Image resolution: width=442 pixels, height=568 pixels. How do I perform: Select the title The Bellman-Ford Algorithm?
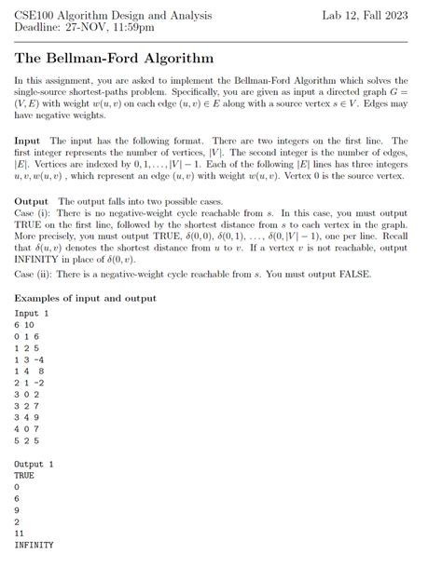115,58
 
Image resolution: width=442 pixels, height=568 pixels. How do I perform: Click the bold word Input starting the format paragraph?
28,140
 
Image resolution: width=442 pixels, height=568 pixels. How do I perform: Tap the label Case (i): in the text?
34,213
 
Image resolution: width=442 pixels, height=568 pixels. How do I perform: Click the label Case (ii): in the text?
35,274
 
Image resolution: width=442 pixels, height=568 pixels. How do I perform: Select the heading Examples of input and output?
86,298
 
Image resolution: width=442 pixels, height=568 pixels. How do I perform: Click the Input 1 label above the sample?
33,314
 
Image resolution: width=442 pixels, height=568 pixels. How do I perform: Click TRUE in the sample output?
24,475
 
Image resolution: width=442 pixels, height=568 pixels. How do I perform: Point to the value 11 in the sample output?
20,534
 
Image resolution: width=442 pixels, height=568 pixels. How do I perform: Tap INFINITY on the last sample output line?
34,545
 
